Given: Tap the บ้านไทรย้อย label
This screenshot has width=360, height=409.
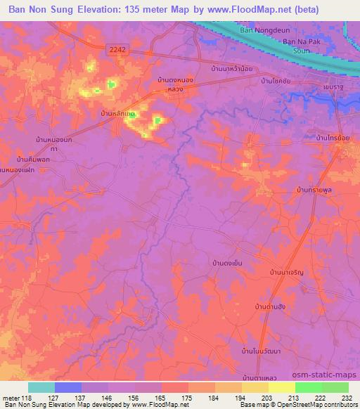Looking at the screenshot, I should [x=333, y=138].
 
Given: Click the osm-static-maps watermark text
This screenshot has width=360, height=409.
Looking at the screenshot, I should [x=330, y=376].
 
